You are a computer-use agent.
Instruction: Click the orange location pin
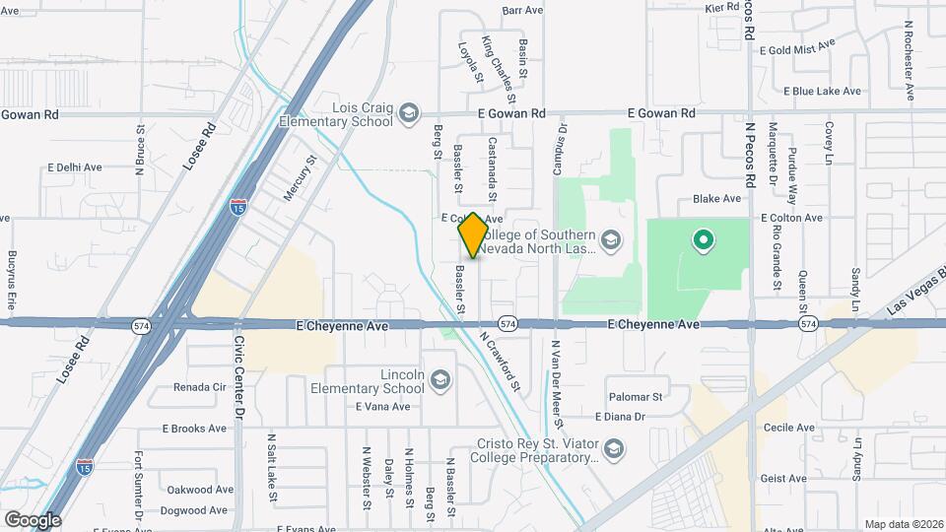(x=474, y=234)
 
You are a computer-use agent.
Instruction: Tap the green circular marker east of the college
(x=703, y=239)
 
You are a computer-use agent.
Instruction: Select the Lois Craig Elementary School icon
(x=407, y=114)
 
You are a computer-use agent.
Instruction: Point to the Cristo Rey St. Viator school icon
(x=614, y=450)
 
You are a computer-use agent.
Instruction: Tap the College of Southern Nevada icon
(x=611, y=240)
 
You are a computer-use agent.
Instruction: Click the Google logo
(x=33, y=519)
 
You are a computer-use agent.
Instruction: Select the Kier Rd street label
(x=721, y=7)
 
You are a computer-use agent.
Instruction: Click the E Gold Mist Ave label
(x=793, y=45)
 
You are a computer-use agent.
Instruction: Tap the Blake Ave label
(x=716, y=198)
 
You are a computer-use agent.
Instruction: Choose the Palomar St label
(x=635, y=396)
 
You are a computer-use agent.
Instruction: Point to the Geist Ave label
(x=784, y=478)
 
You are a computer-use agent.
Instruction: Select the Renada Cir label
(x=200, y=387)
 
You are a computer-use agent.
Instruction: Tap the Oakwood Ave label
(x=200, y=490)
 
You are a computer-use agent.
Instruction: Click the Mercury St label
(x=300, y=177)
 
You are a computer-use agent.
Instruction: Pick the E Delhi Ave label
(x=75, y=167)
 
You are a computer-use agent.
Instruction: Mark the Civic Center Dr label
(x=238, y=377)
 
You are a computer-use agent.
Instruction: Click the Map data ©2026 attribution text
(x=902, y=524)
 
